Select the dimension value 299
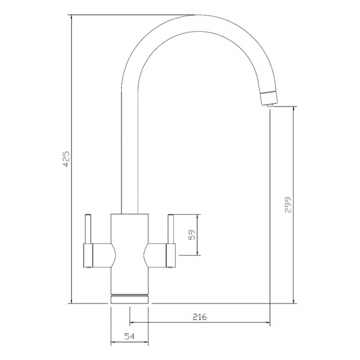[287, 206]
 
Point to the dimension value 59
[191, 235]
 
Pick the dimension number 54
[130, 336]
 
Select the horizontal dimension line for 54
[130, 342]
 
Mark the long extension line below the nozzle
[270, 222]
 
